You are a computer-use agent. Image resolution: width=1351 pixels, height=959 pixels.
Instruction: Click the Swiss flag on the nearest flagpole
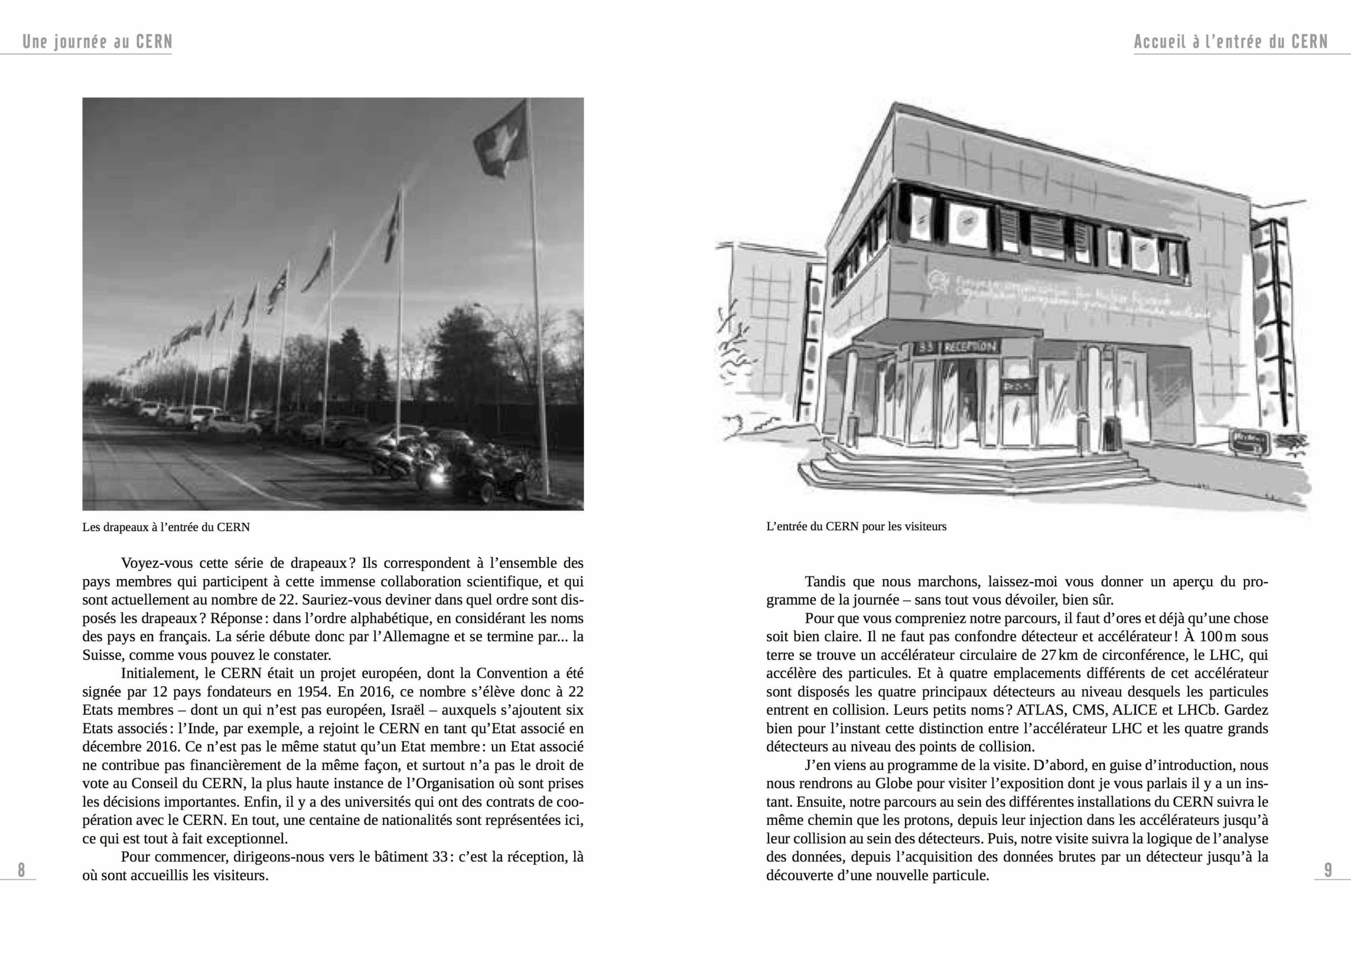tap(501, 140)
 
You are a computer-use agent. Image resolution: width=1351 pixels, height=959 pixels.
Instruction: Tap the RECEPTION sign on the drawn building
tap(971, 347)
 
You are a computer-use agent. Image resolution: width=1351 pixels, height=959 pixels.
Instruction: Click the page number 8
tap(21, 870)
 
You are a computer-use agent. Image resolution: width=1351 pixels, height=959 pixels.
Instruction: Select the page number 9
tap(1328, 870)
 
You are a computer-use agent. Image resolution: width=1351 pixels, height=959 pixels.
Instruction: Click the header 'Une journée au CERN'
tap(98, 42)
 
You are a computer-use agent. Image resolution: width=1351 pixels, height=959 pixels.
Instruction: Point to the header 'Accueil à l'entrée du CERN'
tap(1231, 42)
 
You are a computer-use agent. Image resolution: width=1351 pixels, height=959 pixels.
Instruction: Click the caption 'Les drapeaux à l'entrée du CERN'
tap(166, 527)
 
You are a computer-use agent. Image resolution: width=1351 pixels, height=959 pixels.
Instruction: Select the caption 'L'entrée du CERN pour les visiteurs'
tap(856, 527)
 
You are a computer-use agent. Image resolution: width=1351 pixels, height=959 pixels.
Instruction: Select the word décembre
tap(111, 746)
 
